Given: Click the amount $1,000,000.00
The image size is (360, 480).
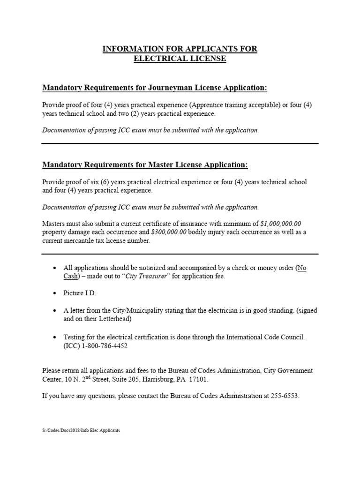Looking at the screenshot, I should click(x=281, y=224).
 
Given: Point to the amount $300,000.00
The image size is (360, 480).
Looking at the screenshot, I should click(x=169, y=232).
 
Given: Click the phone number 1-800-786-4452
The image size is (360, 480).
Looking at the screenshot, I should click(x=104, y=346).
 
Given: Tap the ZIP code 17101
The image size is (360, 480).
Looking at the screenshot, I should click(x=198, y=379).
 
